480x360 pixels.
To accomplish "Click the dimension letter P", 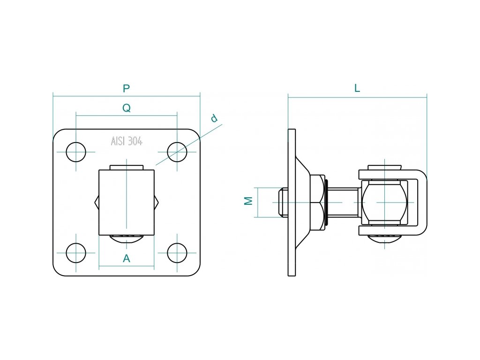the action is pyautogui.click(x=126, y=88).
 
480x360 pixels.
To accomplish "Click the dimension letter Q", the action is pyautogui.click(x=126, y=108).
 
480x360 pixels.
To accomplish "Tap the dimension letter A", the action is pyautogui.click(x=126, y=258).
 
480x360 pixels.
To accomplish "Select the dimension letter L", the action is pyautogui.click(x=357, y=88).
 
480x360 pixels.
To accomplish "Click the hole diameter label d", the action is pyautogui.click(x=215, y=118).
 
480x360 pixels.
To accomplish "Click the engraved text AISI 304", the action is pyautogui.click(x=127, y=141).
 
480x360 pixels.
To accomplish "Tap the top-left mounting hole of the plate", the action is pyautogui.click(x=76, y=152).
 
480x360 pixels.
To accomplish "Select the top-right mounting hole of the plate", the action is pyautogui.click(x=177, y=152).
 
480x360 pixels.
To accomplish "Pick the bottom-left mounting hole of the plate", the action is pyautogui.click(x=76, y=253).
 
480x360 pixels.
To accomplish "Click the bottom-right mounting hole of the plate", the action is pyautogui.click(x=177, y=253).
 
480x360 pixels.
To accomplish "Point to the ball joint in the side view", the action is pyautogui.click(x=385, y=202).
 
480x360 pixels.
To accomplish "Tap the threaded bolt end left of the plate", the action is pyautogui.click(x=283, y=202).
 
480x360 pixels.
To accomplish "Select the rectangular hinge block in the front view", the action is pyautogui.click(x=126, y=202).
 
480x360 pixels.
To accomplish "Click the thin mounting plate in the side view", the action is pyautogui.click(x=292, y=202).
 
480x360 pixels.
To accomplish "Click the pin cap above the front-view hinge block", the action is pyautogui.click(x=126, y=167).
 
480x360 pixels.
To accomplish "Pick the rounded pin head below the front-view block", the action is pyautogui.click(x=126, y=239).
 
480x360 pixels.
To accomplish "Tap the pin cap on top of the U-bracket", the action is pyautogui.click(x=385, y=167).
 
